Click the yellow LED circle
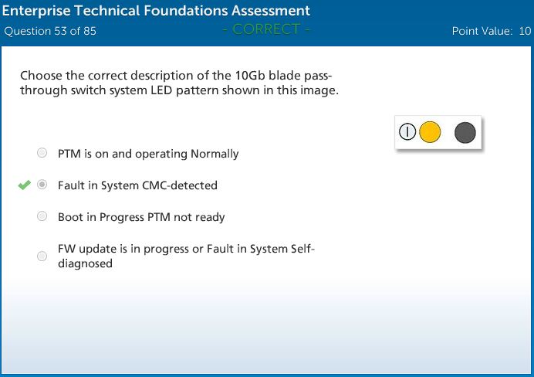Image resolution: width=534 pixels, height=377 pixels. tap(430, 132)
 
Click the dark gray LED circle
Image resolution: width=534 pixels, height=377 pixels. tap(465, 133)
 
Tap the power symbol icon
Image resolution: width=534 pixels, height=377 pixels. tap(407, 132)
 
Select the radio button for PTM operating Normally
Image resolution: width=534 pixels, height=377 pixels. tap(42, 153)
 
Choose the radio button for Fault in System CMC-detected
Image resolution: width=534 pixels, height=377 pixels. tap(42, 185)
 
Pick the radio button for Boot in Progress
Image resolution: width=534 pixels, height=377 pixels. tap(42, 216)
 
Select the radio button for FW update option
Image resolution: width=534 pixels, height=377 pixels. tap(42, 256)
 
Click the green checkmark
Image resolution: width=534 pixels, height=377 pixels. tap(25, 185)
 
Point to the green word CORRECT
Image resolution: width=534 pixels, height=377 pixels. tap(266, 29)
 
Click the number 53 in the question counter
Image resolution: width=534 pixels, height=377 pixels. tap(60, 31)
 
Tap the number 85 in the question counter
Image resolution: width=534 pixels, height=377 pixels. tap(90, 31)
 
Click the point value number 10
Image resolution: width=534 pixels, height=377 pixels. tap(525, 31)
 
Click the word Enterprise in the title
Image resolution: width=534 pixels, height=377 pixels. tap(36, 11)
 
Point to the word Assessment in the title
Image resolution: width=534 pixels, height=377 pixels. tap(271, 11)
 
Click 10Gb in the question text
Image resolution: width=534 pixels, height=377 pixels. tap(250, 76)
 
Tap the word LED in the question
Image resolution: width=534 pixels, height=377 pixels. tap(161, 90)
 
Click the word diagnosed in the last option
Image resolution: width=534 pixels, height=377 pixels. tap(85, 263)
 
